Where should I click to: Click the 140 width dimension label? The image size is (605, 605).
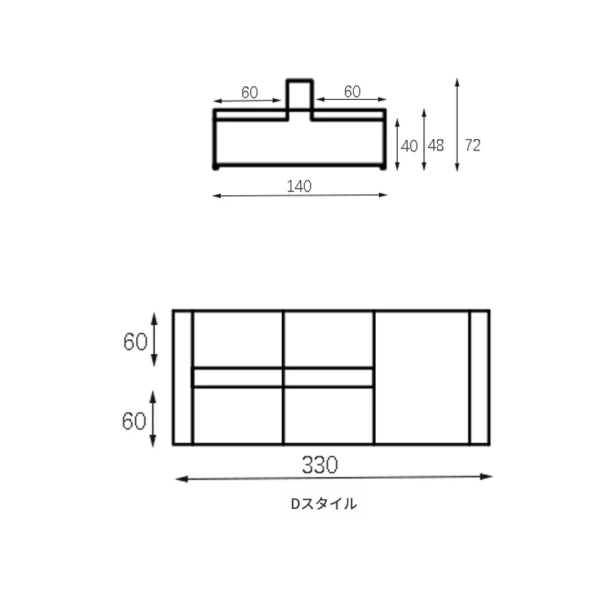pos(299,186)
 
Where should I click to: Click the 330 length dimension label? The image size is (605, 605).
pos(320,464)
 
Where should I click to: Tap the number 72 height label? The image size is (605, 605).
pos(473,145)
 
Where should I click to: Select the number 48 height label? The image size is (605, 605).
pos(436,145)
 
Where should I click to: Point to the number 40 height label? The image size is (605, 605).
pos(409,146)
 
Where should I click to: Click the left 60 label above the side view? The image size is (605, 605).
pos(250,92)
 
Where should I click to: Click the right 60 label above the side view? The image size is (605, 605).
pos(352,92)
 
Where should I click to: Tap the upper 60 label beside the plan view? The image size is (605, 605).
pos(135,342)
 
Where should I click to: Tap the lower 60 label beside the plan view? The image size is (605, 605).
pos(135,420)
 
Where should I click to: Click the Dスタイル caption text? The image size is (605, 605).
pos(324,504)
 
